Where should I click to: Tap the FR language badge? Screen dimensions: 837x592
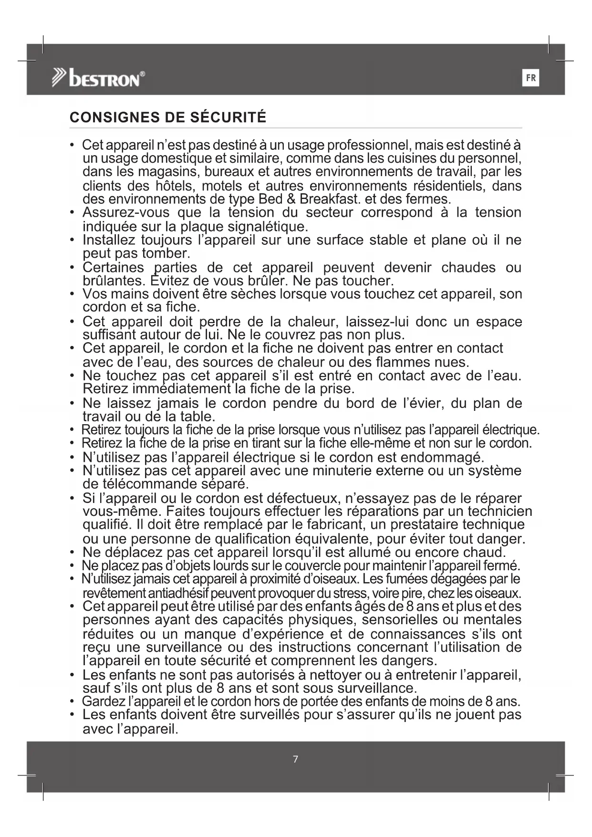pyautogui.click(x=531, y=78)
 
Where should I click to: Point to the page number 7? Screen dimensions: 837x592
pyautogui.click(x=295, y=759)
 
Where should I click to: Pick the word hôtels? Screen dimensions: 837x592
pyautogui.click(x=172, y=186)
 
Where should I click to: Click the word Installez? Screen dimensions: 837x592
pyautogui.click(x=109, y=240)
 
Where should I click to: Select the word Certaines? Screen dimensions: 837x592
pyautogui.click(x=113, y=267)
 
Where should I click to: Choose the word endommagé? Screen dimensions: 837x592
pyautogui.click(x=442, y=457)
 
